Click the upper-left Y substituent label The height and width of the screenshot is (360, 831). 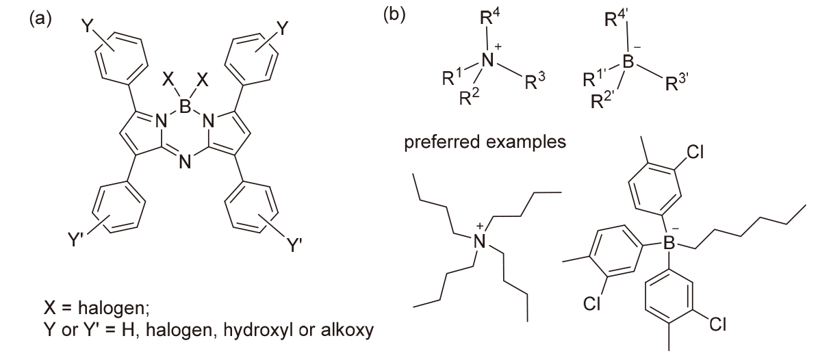[x=86, y=28]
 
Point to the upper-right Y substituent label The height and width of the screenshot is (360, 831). [x=281, y=28]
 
